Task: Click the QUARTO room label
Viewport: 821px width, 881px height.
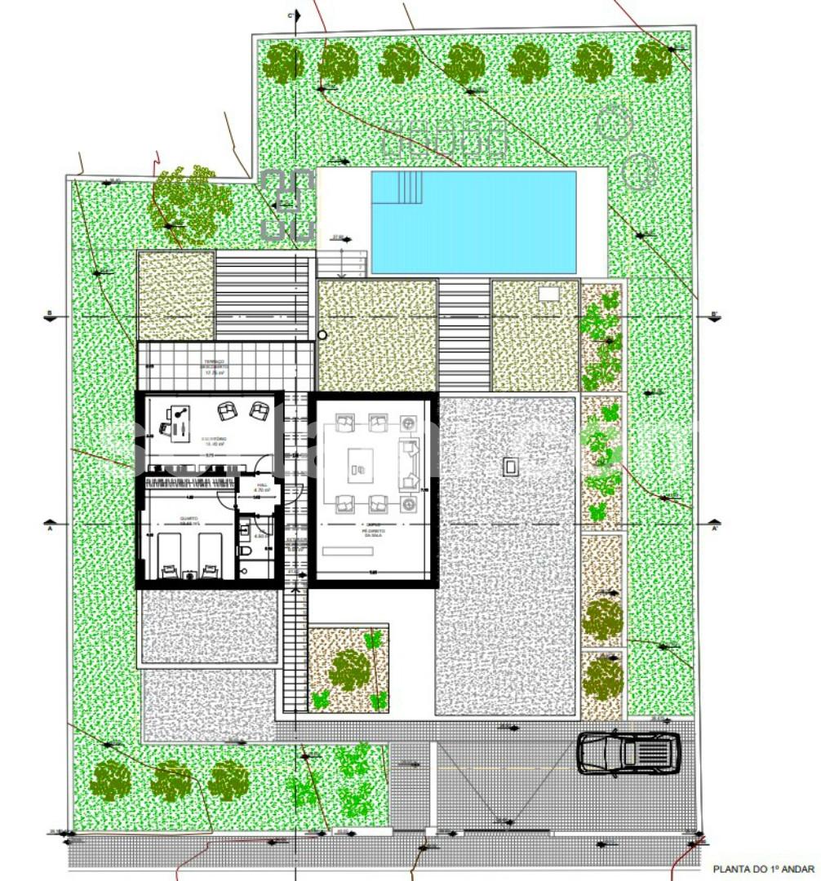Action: (x=189, y=521)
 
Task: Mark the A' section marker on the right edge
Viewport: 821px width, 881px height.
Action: (x=715, y=528)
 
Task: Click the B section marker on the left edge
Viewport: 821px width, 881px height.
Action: (x=51, y=315)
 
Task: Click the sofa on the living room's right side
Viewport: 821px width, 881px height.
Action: (x=408, y=462)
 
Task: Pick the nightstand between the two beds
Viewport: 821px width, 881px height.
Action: (x=189, y=573)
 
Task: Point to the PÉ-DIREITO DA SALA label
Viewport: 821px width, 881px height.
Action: (x=374, y=529)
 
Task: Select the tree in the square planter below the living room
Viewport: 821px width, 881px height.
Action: (x=349, y=670)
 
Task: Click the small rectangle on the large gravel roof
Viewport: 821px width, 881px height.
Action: (x=511, y=466)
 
